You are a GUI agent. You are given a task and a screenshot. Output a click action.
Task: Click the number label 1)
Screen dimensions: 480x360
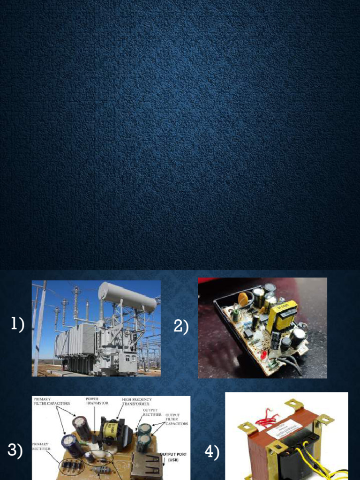tap(17, 324)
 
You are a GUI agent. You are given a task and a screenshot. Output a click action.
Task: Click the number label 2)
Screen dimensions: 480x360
tap(181, 327)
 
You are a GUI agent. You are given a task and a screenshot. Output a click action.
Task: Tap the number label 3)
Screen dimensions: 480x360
tap(15, 450)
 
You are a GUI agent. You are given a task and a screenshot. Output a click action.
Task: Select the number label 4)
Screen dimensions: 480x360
tap(212, 452)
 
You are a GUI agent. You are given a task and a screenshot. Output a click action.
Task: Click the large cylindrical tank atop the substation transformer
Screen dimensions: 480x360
tap(127, 297)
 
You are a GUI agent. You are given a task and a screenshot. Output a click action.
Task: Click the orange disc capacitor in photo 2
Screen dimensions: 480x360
tap(243, 299)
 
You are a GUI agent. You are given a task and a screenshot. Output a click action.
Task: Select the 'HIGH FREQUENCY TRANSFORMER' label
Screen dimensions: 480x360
tap(137, 401)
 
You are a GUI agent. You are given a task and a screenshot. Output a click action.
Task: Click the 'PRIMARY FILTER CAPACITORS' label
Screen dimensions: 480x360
tap(52, 401)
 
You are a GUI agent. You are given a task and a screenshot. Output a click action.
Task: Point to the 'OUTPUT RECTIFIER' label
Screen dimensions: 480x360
tap(152, 412)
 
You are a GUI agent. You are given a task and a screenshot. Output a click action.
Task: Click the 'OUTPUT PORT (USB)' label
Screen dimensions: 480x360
tap(174, 457)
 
